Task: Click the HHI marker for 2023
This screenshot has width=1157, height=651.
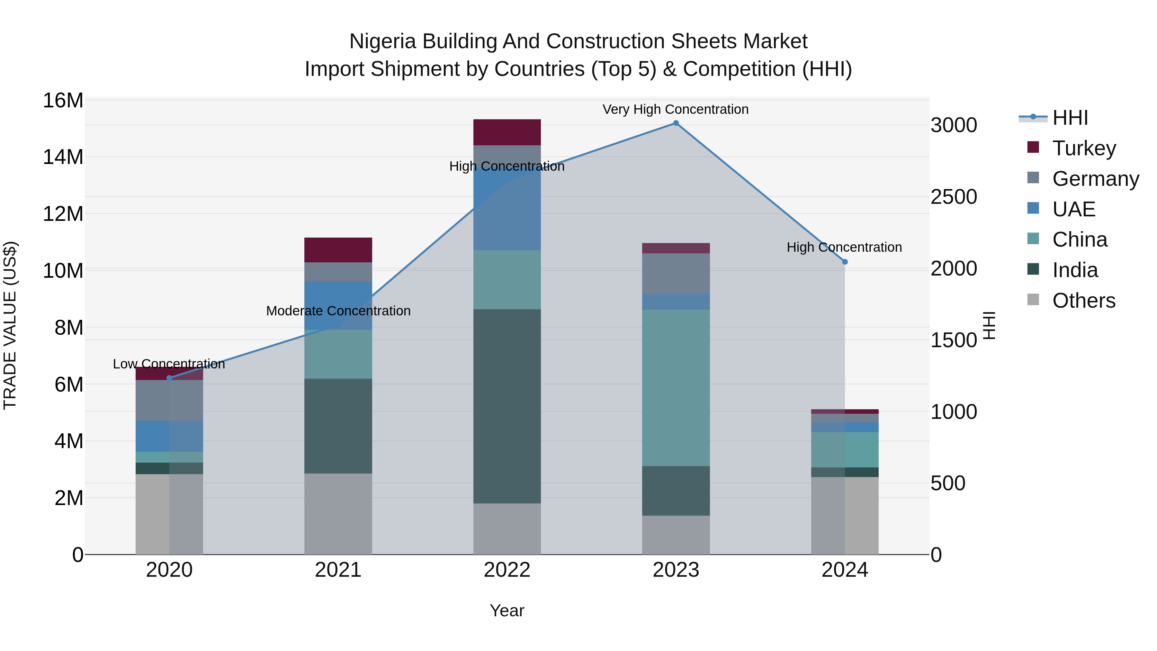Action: coord(676,123)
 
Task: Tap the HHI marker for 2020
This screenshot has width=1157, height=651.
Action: coord(169,378)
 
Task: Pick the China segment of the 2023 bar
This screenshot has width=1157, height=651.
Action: coord(676,387)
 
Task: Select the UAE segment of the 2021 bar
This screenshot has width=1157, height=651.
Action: coord(338,305)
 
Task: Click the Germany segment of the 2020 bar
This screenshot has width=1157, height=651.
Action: coord(169,400)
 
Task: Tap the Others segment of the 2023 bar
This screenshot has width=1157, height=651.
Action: coord(676,535)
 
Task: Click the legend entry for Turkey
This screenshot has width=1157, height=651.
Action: coord(1083,148)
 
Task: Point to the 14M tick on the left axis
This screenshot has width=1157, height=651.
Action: coord(63,157)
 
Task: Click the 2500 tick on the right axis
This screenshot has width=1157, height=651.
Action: coord(953,197)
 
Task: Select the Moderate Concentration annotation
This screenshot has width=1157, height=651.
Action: coord(338,311)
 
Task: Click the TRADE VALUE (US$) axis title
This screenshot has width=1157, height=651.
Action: coord(10,325)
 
